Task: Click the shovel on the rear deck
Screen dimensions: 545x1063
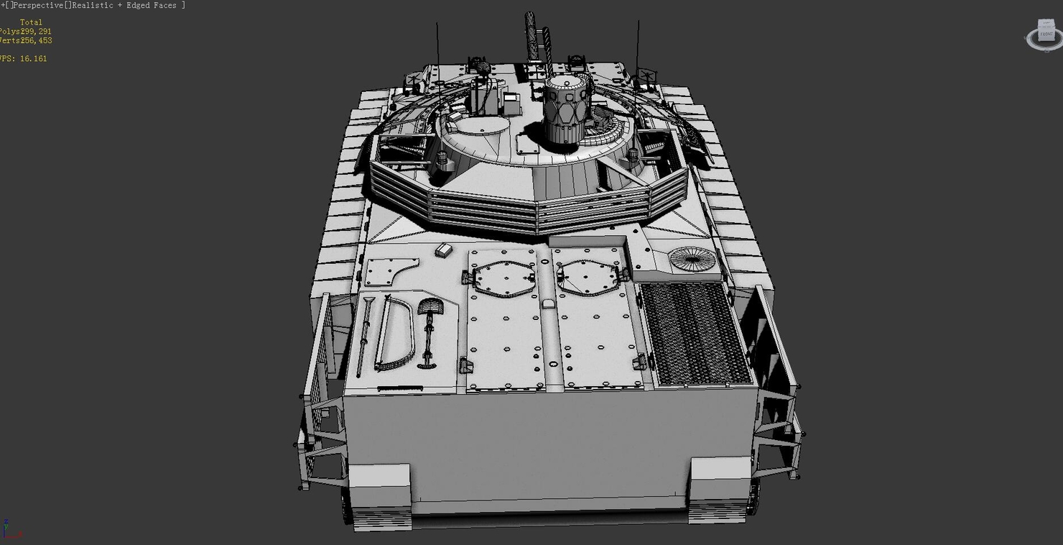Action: [x=429, y=331]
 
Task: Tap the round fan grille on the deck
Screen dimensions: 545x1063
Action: [x=692, y=259]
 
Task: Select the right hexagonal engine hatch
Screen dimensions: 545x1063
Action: [x=588, y=277]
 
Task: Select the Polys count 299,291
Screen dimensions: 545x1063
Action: [x=36, y=32]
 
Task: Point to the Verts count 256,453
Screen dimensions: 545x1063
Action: [x=36, y=41]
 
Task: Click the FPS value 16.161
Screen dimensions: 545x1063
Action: [x=33, y=59]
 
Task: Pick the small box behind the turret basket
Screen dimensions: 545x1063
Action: [x=444, y=249]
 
